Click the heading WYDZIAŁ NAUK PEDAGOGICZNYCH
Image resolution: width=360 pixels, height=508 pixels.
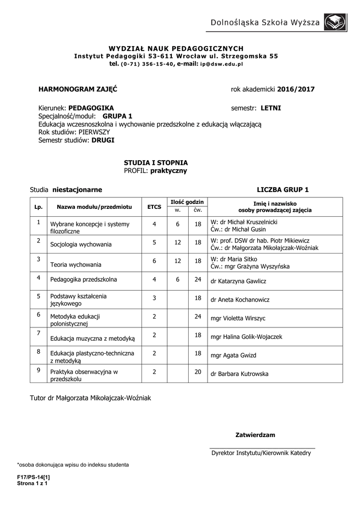pyautogui.click(x=176, y=49)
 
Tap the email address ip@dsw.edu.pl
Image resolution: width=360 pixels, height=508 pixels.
pyautogui.click(x=221, y=64)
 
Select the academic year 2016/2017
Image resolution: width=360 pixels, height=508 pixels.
pyautogui.click(x=296, y=89)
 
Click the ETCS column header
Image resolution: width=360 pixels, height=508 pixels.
pyautogui.click(x=154, y=206)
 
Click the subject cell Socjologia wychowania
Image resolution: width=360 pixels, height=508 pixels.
pyautogui.click(x=81, y=245)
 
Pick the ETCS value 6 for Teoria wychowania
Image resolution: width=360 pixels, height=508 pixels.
pyautogui.click(x=154, y=261)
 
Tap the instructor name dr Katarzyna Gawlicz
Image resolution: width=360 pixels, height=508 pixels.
pyautogui.click(x=238, y=281)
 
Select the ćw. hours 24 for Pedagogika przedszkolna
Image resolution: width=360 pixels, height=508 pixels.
pyautogui.click(x=198, y=279)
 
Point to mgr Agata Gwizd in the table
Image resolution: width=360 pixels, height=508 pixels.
pyautogui.click(x=233, y=356)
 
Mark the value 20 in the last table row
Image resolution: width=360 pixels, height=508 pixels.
pyautogui.click(x=198, y=372)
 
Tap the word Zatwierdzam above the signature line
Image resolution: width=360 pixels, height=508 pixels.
pyautogui.click(x=255, y=435)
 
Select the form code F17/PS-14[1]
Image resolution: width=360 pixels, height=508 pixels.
pyautogui.click(x=34, y=477)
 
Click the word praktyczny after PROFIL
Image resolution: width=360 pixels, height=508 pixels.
pyautogui.click(x=169, y=171)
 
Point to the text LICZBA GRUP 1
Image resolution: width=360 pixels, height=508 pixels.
pyautogui.click(x=283, y=190)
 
